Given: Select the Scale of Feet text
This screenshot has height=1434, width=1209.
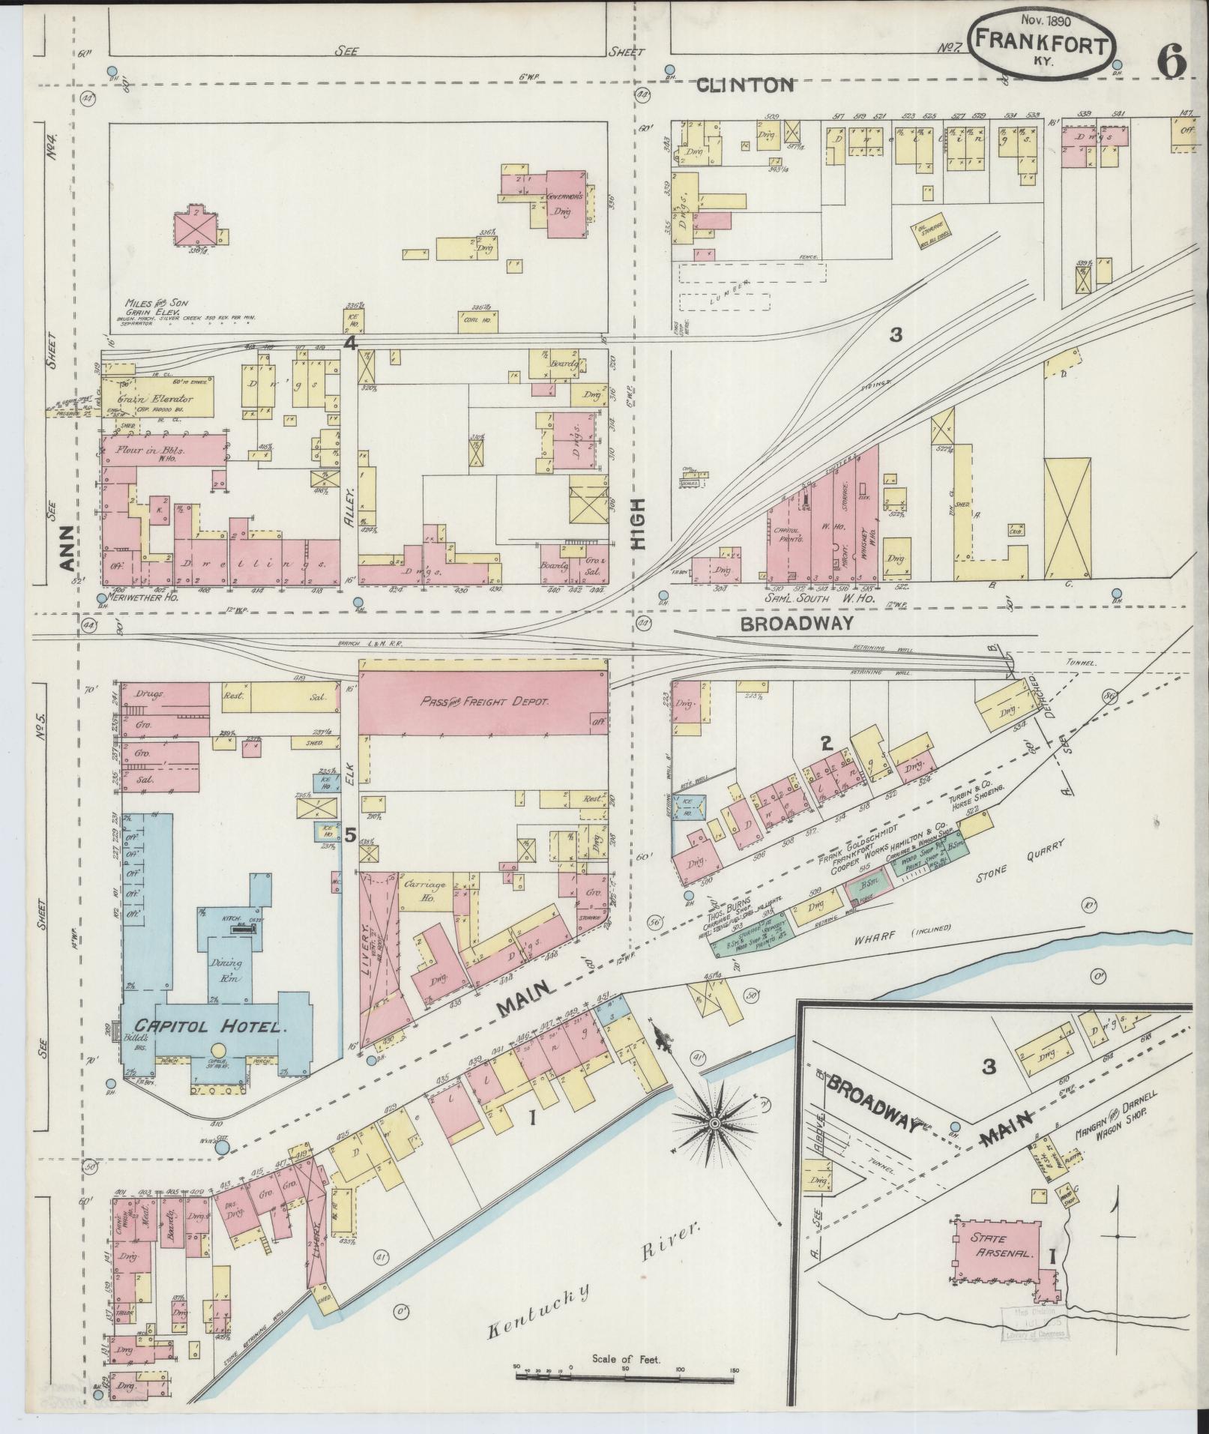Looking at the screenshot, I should pos(624,1358).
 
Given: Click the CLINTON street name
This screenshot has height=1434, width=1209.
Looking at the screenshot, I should pos(744,85).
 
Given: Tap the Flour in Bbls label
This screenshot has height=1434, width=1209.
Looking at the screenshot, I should pos(152,451).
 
